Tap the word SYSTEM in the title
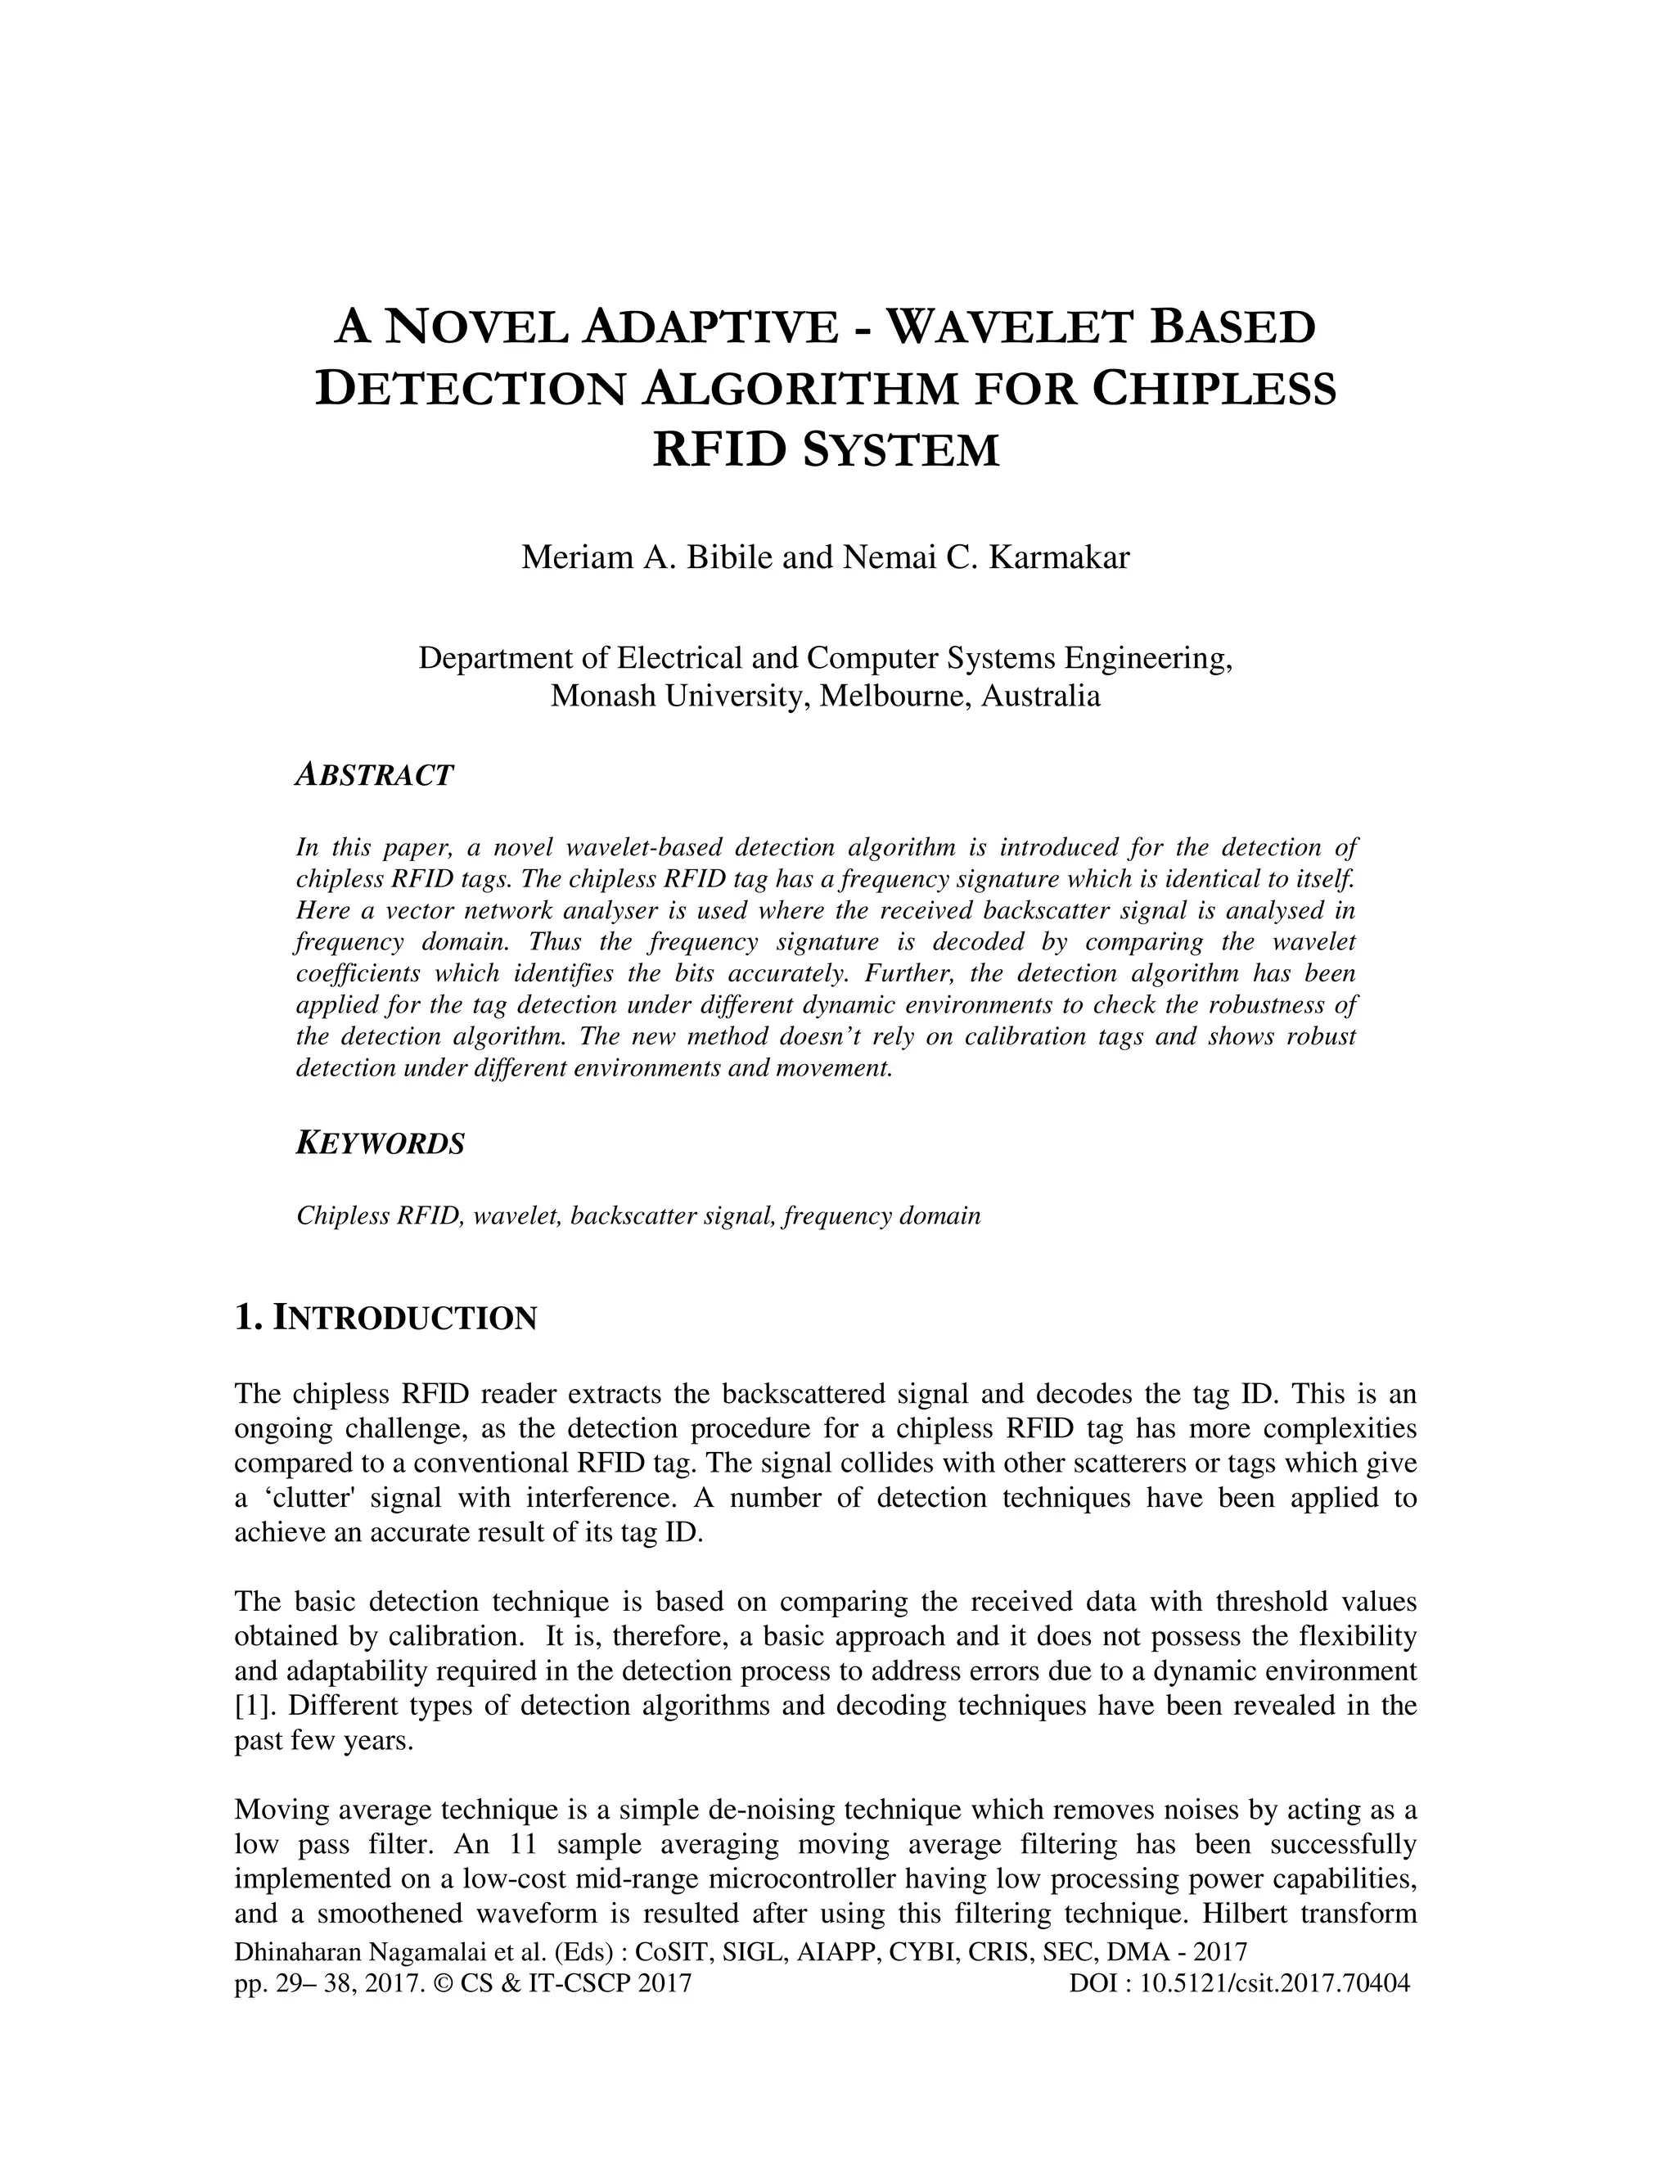[x=899, y=450]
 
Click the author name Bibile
[x=730, y=557]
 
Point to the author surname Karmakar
[x=1060, y=557]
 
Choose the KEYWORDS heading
[x=381, y=1143]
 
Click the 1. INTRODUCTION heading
[x=385, y=1318]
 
